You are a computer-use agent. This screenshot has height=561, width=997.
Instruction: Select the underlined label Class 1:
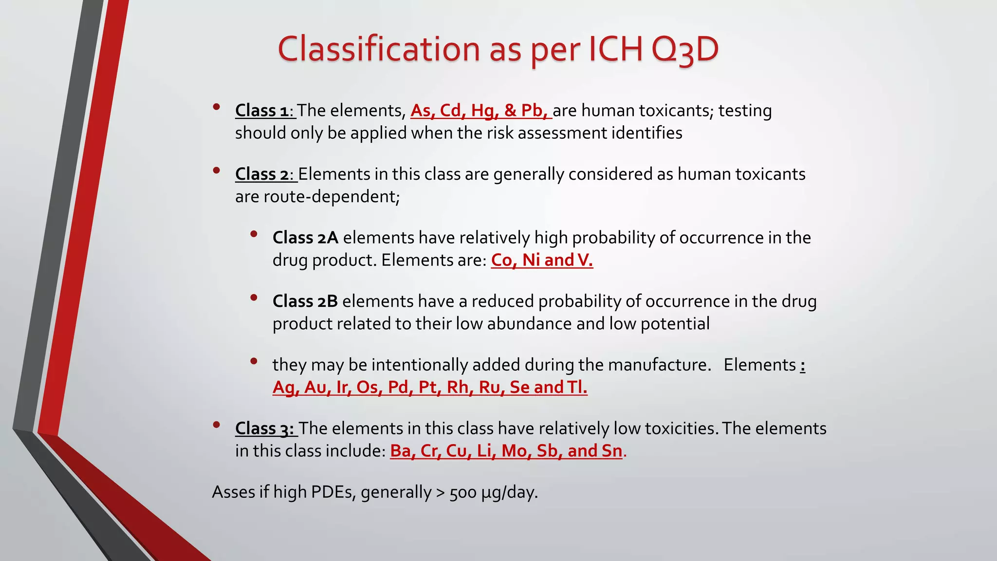[x=264, y=111]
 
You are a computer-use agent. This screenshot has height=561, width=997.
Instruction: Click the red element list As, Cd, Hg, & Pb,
[x=480, y=111]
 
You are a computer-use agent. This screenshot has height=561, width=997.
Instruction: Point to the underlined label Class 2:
[x=265, y=174]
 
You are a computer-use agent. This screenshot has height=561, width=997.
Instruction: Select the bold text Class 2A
[x=305, y=238]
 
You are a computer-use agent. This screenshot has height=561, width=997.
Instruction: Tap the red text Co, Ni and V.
[x=542, y=260]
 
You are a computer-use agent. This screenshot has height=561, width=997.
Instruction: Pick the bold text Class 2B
[x=305, y=301]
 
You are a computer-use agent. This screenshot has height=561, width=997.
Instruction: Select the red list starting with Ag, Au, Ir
[x=430, y=387]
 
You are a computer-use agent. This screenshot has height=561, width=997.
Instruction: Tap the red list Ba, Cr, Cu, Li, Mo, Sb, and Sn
[x=506, y=451]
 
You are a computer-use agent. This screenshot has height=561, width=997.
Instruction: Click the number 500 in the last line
[x=463, y=493]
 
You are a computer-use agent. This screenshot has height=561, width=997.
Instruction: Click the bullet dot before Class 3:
[x=217, y=425]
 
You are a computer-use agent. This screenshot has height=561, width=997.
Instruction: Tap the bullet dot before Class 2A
[x=254, y=234]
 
